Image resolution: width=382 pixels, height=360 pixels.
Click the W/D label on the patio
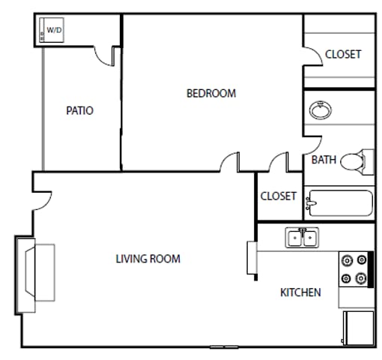(54, 30)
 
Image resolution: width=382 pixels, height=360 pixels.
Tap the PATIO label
(79, 110)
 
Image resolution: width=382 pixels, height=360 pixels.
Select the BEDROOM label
(210, 94)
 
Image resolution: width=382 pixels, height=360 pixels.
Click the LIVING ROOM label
(148, 259)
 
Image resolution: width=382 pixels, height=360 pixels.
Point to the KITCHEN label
(300, 292)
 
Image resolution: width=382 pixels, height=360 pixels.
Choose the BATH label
(324, 160)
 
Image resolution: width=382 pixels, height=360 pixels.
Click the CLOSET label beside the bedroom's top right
(343, 55)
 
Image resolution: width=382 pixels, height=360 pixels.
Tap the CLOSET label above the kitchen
(278, 196)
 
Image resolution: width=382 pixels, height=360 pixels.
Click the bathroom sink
(321, 111)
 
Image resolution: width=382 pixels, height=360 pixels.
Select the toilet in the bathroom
(359, 160)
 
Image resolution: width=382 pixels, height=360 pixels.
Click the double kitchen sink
(302, 238)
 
